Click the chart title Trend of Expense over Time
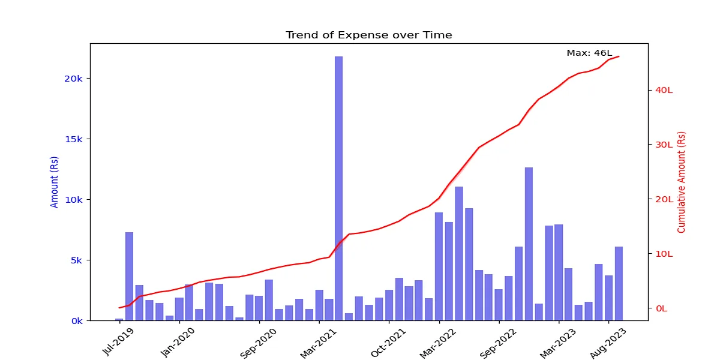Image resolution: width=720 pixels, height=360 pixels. [368, 35]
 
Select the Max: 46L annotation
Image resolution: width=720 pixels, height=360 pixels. [589, 53]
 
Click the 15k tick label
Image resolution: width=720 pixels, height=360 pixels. [77, 139]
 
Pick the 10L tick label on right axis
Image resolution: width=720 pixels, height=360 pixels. [664, 254]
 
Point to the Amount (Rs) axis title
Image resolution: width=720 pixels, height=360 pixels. [55, 182]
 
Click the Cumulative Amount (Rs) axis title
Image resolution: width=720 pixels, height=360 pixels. [681, 182]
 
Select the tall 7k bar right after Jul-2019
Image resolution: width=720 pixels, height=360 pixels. [129, 276]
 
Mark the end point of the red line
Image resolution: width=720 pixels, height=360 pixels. [619, 56]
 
